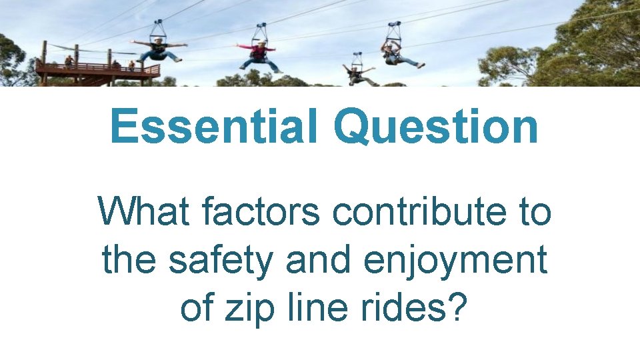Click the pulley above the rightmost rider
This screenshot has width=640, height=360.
[393, 29]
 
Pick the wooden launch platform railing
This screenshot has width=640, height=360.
[100, 68]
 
